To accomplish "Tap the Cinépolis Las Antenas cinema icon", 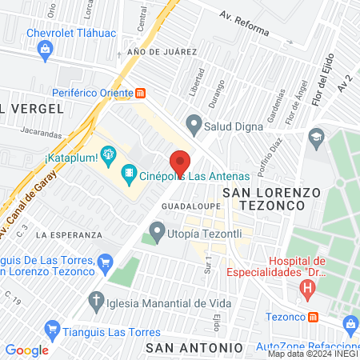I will pyautogui.click(x=128, y=174).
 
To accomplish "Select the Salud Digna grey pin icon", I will pyautogui.click(x=193, y=125).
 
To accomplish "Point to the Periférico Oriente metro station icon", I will pyautogui.click(x=141, y=92).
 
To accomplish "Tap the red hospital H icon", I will pyautogui.click(x=307, y=290).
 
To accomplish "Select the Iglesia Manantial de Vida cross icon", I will pyautogui.click(x=96, y=302).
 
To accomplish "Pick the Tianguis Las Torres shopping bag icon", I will pyautogui.click(x=54, y=328).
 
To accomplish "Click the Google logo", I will pyautogui.click(x=26, y=350).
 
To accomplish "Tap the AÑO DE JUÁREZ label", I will pyautogui.click(x=162, y=52).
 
